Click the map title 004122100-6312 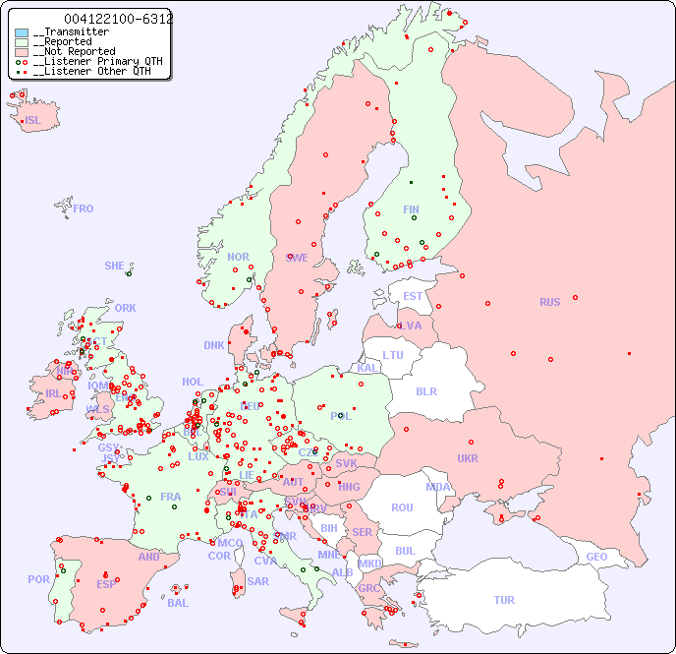coord(117,19)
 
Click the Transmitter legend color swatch coord(22,32)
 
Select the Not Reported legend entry coord(78,51)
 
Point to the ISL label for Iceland coord(32,121)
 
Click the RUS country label coord(549,302)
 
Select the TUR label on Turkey coord(503,600)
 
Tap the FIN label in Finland coord(411,209)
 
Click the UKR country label coord(467,458)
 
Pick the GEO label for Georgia coord(595,557)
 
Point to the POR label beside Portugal coord(38,579)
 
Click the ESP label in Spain coord(106,584)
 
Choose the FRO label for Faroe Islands coord(83,208)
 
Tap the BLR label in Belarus coord(425,390)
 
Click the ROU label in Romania coord(402,507)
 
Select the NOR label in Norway coord(238,257)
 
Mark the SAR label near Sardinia coord(257,581)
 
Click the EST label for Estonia coord(413,296)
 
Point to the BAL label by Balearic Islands coord(177,603)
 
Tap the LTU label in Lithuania coord(393,355)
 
